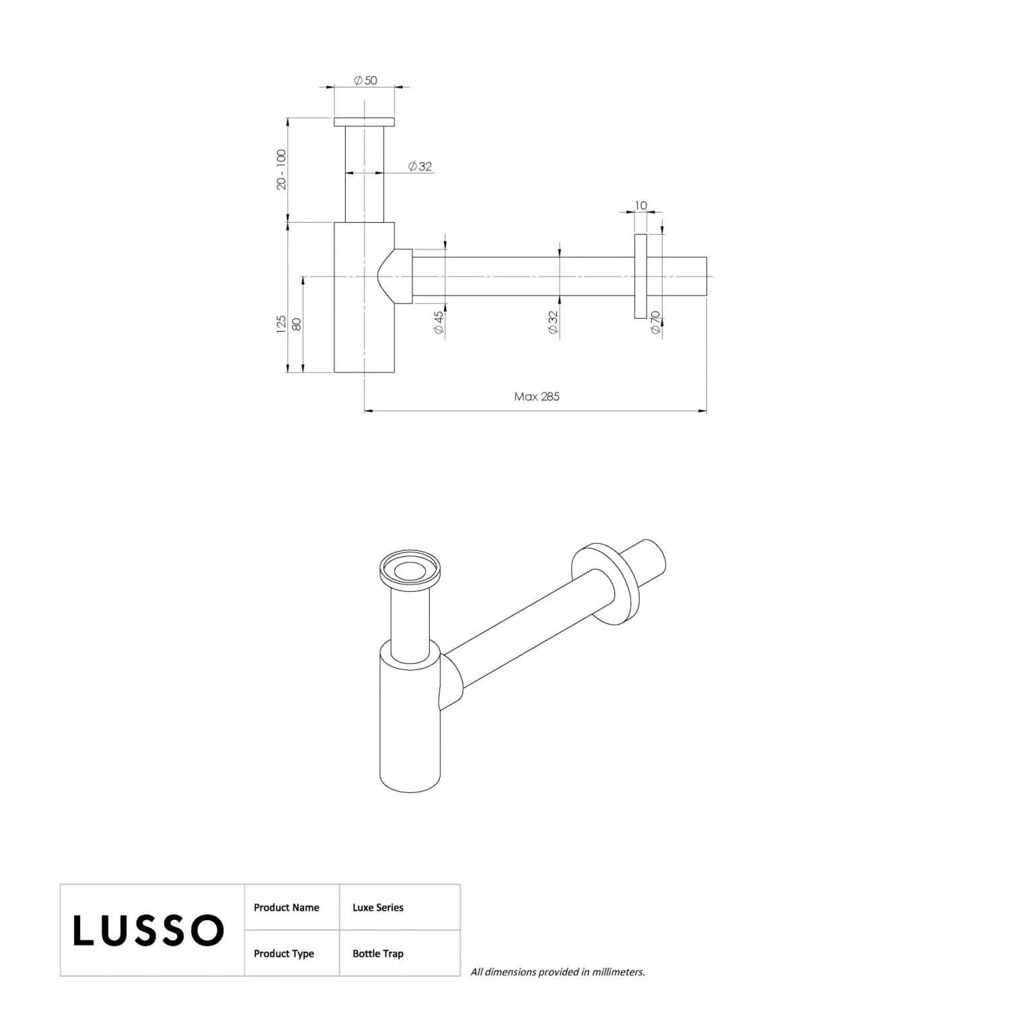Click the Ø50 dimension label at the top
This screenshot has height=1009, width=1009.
(365, 80)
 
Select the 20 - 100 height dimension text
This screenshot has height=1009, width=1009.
(282, 170)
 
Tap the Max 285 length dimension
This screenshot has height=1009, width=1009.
(537, 396)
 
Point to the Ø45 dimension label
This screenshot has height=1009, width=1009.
(439, 323)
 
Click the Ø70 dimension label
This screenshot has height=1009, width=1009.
(655, 323)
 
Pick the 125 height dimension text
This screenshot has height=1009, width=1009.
(282, 324)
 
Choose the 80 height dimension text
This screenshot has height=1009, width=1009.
(297, 324)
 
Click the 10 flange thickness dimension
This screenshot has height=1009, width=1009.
(640, 205)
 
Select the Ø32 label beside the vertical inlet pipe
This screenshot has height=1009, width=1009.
(420, 166)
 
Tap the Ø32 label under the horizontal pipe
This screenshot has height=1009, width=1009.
(553, 323)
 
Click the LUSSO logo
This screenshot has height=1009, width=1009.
(148, 930)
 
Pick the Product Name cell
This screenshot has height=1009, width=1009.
(287, 907)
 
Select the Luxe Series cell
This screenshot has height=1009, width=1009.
(378, 907)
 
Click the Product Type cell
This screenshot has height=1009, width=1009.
(284, 953)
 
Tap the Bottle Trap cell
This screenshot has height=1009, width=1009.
(378, 953)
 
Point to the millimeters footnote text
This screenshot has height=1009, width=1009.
(558, 971)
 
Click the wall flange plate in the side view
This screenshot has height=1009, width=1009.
(640, 276)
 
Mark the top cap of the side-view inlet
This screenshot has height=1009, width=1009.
(364, 122)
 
